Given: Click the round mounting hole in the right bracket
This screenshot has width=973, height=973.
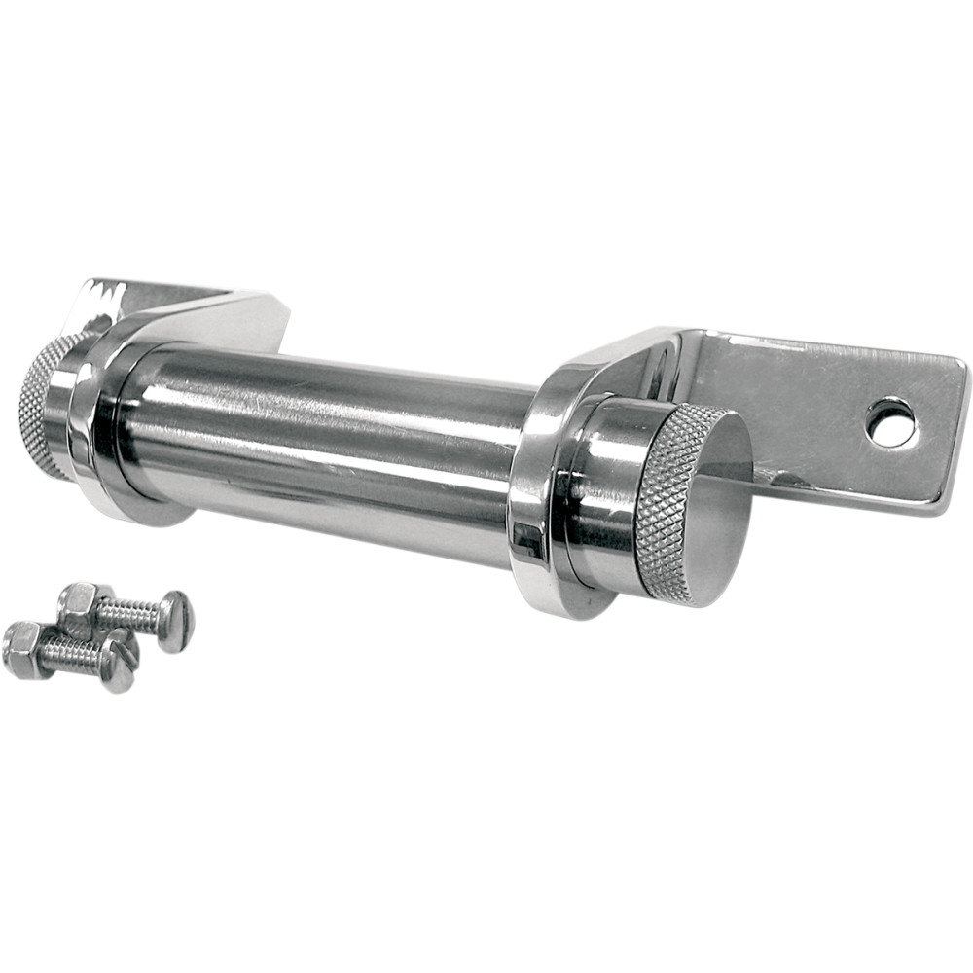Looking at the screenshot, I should pyautogui.click(x=891, y=422).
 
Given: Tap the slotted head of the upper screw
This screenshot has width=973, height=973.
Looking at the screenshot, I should pyautogui.click(x=176, y=622).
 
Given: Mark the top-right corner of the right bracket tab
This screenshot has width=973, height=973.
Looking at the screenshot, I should pyautogui.click(x=962, y=364).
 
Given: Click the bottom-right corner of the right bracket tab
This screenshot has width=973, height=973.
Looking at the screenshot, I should pyautogui.click(x=942, y=508).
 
